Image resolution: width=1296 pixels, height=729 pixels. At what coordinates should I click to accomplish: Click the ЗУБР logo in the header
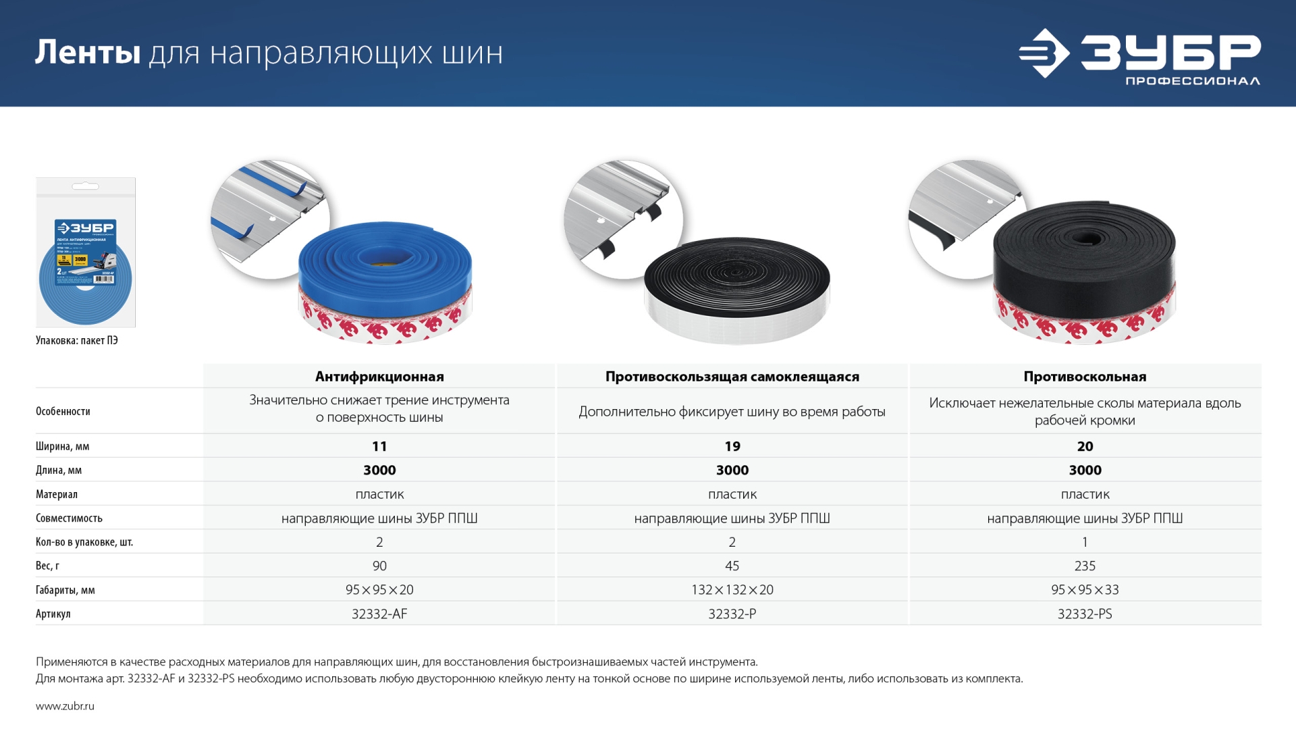point(1139,53)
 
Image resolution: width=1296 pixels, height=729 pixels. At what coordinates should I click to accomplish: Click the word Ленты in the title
point(88,53)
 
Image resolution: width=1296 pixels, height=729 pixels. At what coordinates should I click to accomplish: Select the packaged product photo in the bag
point(86,252)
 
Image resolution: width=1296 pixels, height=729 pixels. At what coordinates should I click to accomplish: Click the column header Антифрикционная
point(379,377)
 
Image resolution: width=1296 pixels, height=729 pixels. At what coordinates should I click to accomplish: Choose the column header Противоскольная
point(1085,377)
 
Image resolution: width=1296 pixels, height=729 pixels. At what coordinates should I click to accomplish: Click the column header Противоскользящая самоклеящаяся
point(732,377)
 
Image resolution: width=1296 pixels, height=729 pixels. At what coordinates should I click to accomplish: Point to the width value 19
point(732,446)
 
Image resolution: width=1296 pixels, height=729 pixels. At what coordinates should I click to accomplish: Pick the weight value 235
point(1085,566)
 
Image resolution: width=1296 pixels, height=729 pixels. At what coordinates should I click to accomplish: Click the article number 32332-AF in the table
point(379,614)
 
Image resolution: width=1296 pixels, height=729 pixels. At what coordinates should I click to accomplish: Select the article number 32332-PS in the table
point(1085,614)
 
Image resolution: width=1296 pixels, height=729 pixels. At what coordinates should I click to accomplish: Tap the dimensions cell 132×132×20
point(732,590)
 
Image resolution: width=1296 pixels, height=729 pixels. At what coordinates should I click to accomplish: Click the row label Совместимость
point(69,518)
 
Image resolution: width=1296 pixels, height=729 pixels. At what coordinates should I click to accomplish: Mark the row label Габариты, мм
point(65,590)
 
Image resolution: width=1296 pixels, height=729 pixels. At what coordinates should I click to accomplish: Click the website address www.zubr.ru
point(65,706)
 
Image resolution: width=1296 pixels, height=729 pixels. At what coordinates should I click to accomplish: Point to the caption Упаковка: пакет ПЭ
point(77,340)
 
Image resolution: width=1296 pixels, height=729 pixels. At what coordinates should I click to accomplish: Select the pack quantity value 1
point(1085,542)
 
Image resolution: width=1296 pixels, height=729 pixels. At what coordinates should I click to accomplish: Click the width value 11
point(379,446)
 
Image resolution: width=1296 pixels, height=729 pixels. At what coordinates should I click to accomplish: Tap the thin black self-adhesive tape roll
point(736,290)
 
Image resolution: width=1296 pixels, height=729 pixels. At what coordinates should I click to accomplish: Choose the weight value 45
point(732,566)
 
